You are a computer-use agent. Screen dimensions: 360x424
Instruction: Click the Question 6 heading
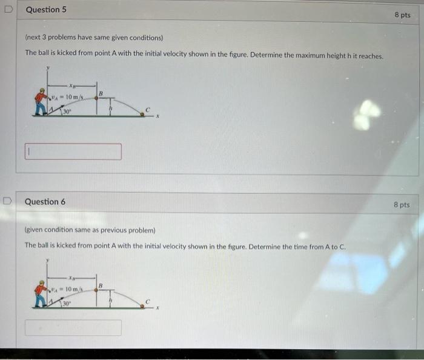(x=45, y=201)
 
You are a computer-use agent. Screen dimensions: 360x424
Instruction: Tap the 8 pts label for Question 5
(x=402, y=15)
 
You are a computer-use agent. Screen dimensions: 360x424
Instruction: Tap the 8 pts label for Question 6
(x=401, y=205)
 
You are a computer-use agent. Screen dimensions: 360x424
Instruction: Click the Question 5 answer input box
(x=73, y=152)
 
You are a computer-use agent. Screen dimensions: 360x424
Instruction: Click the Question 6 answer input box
(x=73, y=327)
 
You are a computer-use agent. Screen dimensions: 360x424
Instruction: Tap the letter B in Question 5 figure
(x=102, y=93)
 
